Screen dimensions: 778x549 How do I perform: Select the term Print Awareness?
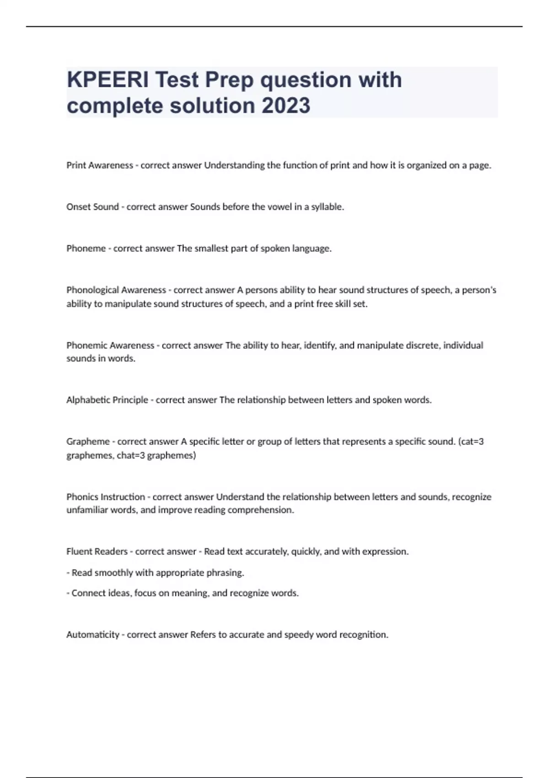[x=100, y=165]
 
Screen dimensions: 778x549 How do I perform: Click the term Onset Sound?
[x=92, y=207]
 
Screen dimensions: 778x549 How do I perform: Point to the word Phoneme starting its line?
[x=86, y=249]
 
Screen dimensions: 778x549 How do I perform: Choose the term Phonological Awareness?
[x=116, y=290]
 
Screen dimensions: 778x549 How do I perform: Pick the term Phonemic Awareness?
[x=110, y=346]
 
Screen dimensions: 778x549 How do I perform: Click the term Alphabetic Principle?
[x=107, y=400]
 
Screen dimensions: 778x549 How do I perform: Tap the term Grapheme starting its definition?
[x=88, y=442]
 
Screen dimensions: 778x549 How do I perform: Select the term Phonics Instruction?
[x=106, y=497]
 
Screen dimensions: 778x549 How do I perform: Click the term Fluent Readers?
[x=97, y=551]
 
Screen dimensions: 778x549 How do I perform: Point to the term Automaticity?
[x=93, y=635]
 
